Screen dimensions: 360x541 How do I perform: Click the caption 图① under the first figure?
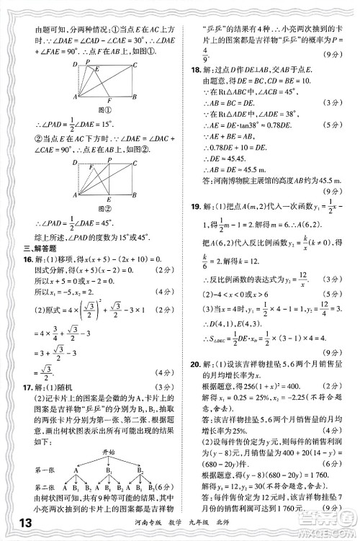point(104,109)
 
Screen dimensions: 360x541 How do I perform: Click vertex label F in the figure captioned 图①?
point(109,101)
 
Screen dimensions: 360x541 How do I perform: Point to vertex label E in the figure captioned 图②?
point(107,200)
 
